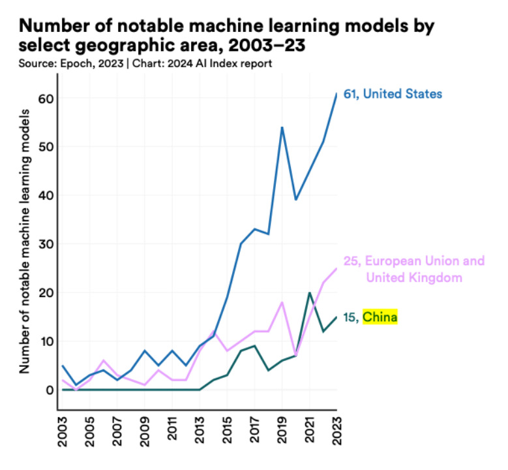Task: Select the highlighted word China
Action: pos(380,318)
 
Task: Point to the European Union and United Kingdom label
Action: pos(423,270)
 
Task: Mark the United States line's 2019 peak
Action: pos(282,127)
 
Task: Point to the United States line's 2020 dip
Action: pos(295,200)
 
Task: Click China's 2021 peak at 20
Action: pos(309,292)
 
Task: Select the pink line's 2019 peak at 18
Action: pos(282,302)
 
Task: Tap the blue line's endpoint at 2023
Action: pos(336,93)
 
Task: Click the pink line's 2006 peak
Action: pos(104,360)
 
